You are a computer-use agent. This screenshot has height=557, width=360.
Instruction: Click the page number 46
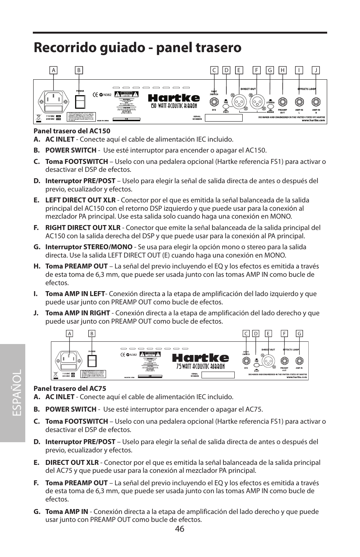click(x=180, y=529)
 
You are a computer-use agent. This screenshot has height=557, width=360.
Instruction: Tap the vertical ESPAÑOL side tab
click(x=13, y=393)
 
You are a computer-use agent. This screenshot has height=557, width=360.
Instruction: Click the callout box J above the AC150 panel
click(x=316, y=70)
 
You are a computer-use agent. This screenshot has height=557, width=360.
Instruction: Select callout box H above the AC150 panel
click(x=282, y=70)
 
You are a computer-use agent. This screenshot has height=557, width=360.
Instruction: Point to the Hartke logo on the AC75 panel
click(x=200, y=358)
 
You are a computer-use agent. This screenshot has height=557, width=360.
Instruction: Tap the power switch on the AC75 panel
click(x=92, y=361)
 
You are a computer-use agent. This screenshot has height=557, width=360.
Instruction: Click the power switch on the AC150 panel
click(x=80, y=102)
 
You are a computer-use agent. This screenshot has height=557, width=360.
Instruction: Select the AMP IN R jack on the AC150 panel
click(x=316, y=102)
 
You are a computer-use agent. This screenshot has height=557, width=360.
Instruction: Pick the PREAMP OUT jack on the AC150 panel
click(x=283, y=102)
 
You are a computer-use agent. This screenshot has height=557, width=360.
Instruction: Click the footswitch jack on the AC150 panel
click(x=214, y=102)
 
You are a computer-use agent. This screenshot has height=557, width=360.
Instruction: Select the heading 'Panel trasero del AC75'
click(x=70, y=388)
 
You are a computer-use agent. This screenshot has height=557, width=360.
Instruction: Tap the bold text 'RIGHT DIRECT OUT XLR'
click(x=83, y=228)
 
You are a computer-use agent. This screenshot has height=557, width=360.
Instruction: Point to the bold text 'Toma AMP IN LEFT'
click(x=75, y=294)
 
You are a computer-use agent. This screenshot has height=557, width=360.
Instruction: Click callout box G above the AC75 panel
click(x=299, y=333)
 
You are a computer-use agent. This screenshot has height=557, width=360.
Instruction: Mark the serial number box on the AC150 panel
click(x=223, y=118)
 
